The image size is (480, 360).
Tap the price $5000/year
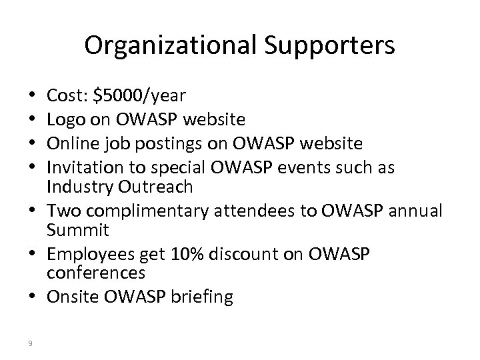pyautogui.click(x=142, y=97)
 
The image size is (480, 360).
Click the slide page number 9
pyautogui.click(x=31, y=343)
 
